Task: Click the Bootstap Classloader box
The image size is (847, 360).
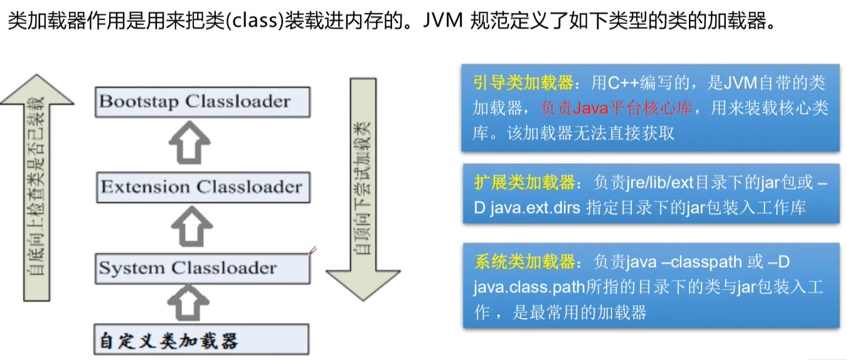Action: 202,102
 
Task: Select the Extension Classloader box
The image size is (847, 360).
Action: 202,187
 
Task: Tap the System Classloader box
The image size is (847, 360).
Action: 202,268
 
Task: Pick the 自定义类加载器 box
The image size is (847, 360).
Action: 202,341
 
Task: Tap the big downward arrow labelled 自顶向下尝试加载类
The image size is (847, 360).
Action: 363,188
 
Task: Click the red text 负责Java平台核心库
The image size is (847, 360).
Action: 616,109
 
